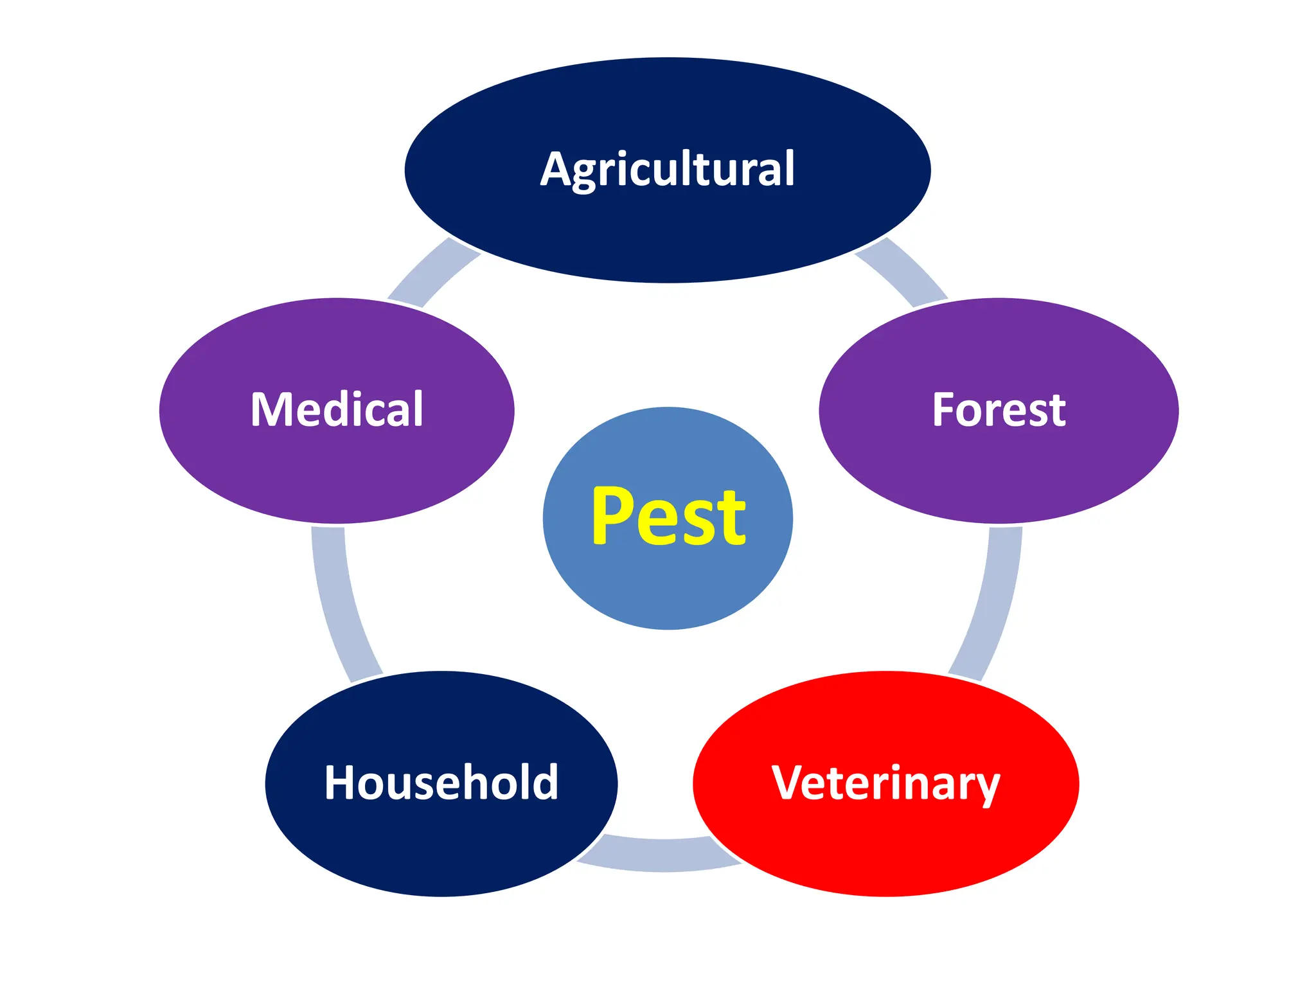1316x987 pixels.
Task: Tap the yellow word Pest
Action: [668, 517]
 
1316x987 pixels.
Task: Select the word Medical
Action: [337, 409]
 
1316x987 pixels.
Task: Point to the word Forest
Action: [999, 410]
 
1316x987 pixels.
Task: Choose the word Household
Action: [441, 783]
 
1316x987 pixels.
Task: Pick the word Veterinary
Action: [885, 784]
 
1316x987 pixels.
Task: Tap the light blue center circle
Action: [668, 591]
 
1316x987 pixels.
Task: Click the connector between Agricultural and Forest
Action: [903, 270]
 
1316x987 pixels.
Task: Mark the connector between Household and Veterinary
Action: [662, 855]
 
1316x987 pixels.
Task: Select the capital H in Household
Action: [341, 783]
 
